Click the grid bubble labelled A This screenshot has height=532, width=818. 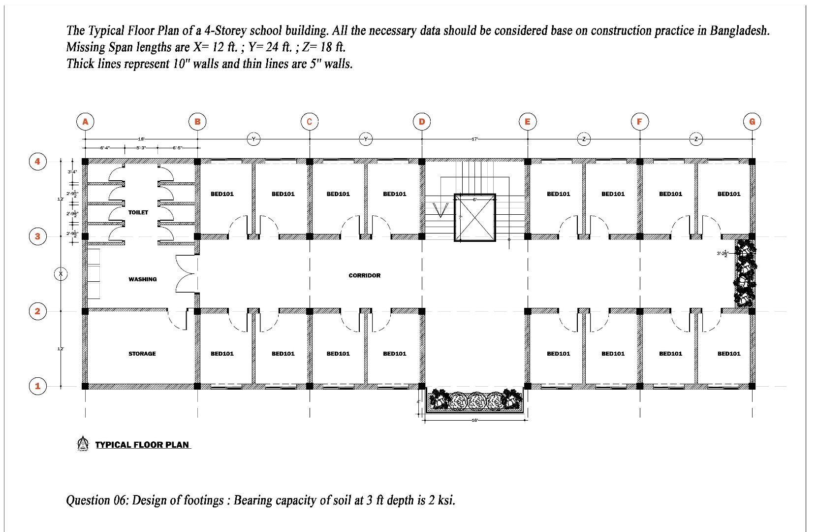pyautogui.click(x=85, y=122)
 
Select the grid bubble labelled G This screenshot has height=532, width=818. pyautogui.click(x=752, y=122)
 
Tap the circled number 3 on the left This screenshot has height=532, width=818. pyautogui.click(x=37, y=236)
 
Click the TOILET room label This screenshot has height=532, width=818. pyautogui.click(x=138, y=212)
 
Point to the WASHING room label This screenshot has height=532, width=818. pyautogui.click(x=143, y=279)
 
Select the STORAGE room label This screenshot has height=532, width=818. pyautogui.click(x=142, y=354)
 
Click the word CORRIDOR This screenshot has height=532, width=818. pyautogui.click(x=365, y=275)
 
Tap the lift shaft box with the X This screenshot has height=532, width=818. pyautogui.click(x=474, y=217)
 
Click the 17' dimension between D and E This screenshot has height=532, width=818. pyautogui.click(x=474, y=139)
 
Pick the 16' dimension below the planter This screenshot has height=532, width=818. pyautogui.click(x=474, y=420)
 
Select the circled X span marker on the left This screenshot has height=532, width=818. pyautogui.click(x=61, y=274)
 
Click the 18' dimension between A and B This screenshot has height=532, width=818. pyautogui.click(x=141, y=139)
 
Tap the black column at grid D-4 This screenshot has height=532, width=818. pyautogui.click(x=422, y=162)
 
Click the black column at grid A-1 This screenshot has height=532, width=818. pyautogui.click(x=85, y=386)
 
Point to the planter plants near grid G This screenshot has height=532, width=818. pyautogui.click(x=745, y=273)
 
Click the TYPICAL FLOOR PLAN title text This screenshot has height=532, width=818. pyautogui.click(x=142, y=445)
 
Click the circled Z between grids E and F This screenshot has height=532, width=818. pyautogui.click(x=584, y=139)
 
